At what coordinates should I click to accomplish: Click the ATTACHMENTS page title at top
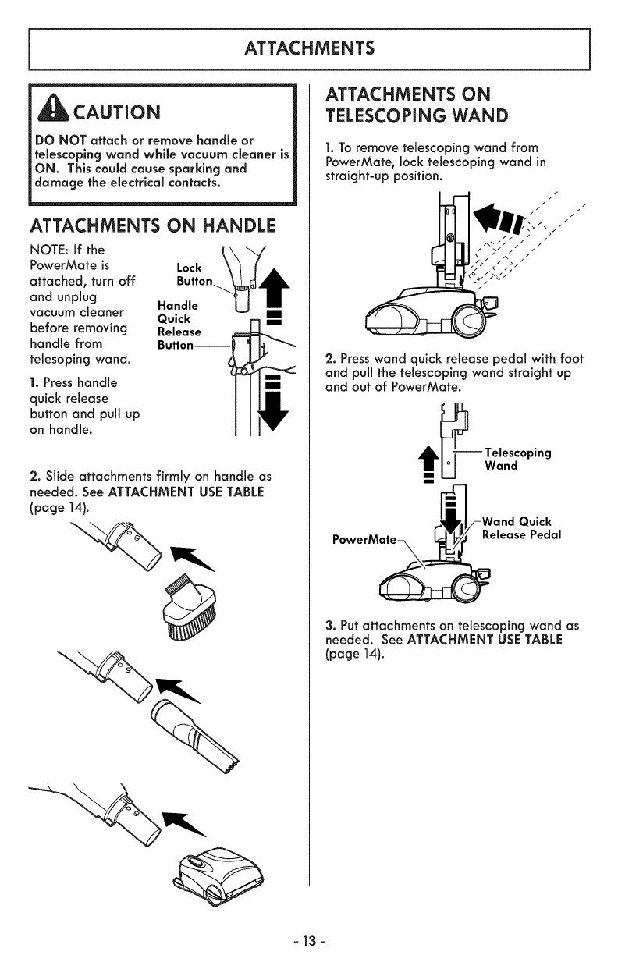[x=309, y=48]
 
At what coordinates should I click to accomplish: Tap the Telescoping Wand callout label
[x=517, y=460]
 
